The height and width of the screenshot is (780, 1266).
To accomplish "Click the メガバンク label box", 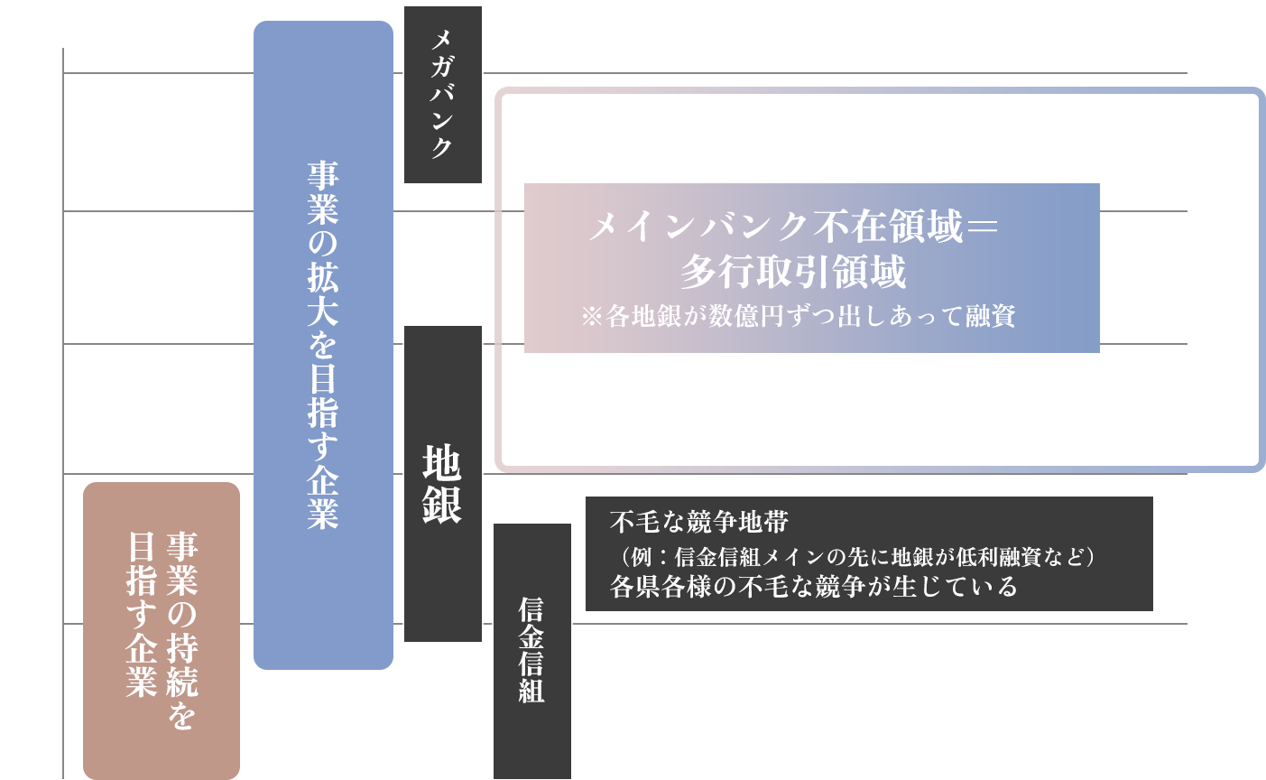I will coord(442,94).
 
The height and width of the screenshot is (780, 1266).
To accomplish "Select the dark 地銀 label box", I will coord(442,484).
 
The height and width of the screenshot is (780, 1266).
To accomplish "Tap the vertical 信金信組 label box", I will coord(531,650).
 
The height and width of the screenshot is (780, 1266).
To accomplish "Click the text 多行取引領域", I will coord(793,272).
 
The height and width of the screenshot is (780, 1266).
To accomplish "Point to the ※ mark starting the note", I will coord(592,317).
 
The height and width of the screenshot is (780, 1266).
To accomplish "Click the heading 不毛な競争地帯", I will coord(699,522).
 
